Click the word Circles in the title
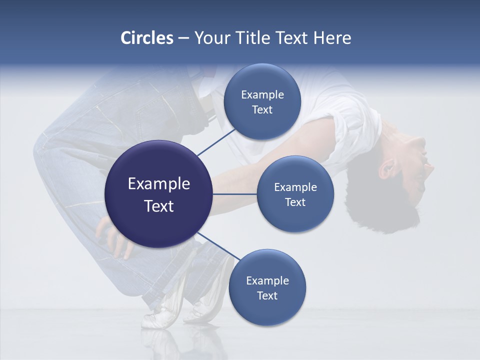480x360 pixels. pos(147,38)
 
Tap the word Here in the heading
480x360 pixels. pos(332,38)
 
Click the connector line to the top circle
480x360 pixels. pos(217,141)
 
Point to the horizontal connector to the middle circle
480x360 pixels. pos(234,194)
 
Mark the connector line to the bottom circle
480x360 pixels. pos(217,247)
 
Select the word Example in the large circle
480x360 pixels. pos(158,184)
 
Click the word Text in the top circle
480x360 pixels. pos(262,110)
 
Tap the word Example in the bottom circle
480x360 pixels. pos(267,281)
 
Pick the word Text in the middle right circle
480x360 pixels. pos(295,202)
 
